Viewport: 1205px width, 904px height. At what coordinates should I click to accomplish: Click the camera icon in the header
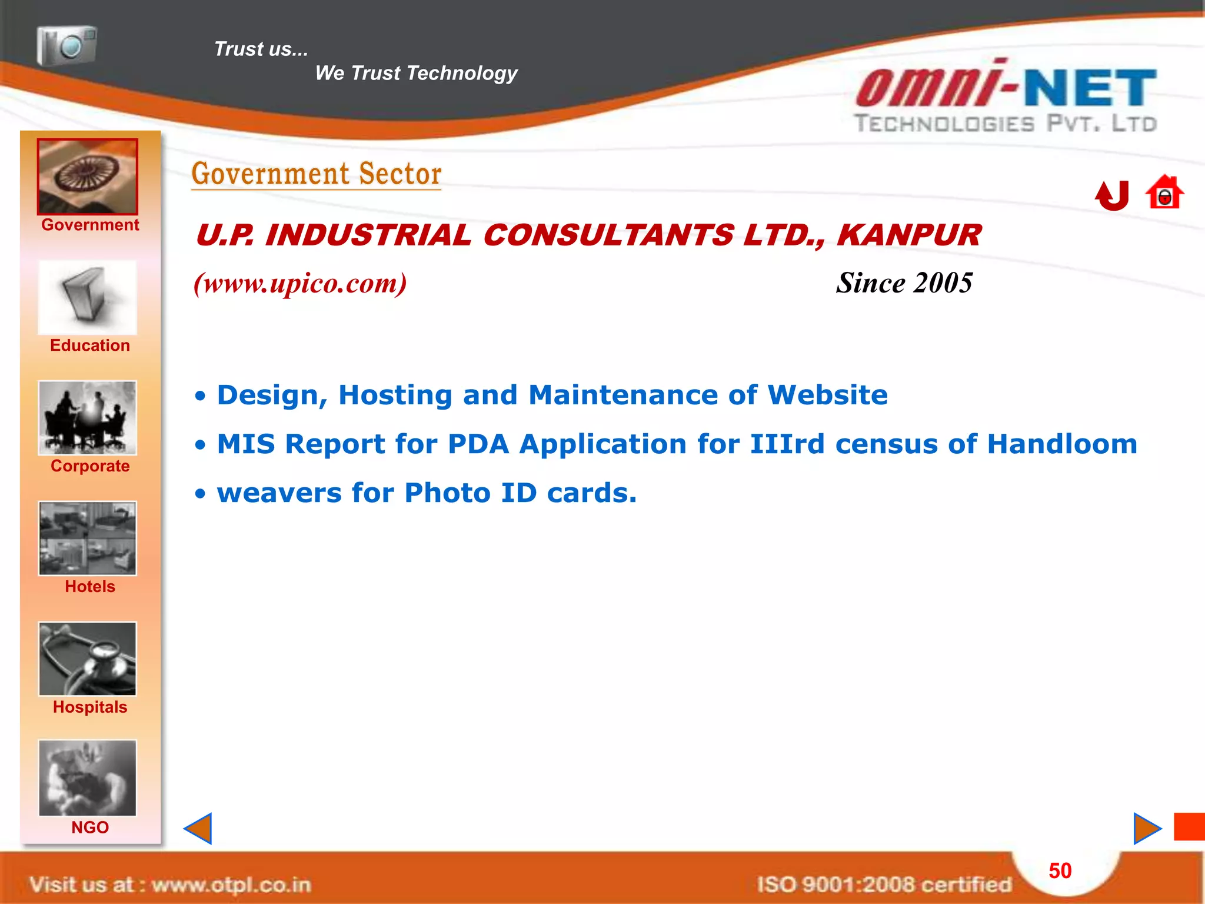[66, 45]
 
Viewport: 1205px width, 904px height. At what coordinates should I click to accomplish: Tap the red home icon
[1164, 192]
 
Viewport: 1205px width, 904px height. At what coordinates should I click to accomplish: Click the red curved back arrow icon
[1112, 195]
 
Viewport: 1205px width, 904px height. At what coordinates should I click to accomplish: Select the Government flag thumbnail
[88, 177]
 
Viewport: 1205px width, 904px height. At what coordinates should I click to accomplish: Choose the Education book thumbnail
[88, 298]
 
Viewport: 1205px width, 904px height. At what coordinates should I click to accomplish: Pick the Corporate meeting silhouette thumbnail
[88, 418]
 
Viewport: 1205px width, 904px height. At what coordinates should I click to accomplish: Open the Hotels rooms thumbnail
[88, 539]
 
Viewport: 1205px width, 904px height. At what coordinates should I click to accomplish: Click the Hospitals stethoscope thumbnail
[88, 659]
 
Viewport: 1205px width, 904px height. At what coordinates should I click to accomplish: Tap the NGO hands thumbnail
[88, 778]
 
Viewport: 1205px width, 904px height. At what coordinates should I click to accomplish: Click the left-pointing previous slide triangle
[199, 829]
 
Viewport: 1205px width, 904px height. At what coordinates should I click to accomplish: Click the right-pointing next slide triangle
[1146, 829]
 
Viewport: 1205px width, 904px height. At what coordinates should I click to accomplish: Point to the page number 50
[1060, 871]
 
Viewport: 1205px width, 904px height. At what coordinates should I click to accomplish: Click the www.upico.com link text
[300, 284]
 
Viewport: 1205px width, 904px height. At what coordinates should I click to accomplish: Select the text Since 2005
[904, 283]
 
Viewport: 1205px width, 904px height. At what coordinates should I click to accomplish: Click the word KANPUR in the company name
[909, 235]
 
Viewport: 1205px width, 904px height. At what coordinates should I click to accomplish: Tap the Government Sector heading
[317, 174]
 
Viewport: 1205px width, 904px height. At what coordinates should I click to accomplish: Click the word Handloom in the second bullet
[1062, 444]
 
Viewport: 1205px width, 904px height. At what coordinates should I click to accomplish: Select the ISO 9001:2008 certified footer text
[884, 884]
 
